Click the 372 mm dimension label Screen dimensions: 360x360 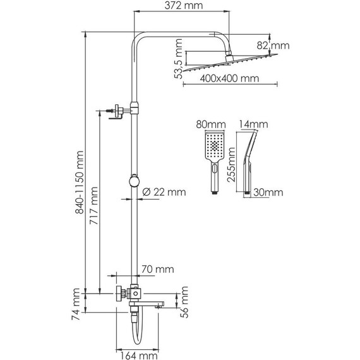[x=184, y=6]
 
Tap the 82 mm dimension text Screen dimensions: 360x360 [x=273, y=45]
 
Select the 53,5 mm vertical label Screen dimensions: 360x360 [x=178, y=59]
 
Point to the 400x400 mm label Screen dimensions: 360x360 [x=229, y=78]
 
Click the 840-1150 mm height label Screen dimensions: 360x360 [x=80, y=183]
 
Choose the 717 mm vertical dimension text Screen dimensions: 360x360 [x=93, y=206]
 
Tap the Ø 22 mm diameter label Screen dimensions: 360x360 [x=164, y=192]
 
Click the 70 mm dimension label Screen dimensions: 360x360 [x=157, y=269]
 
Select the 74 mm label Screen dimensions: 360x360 [x=76, y=304]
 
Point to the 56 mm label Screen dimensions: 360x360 [x=184, y=302]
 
